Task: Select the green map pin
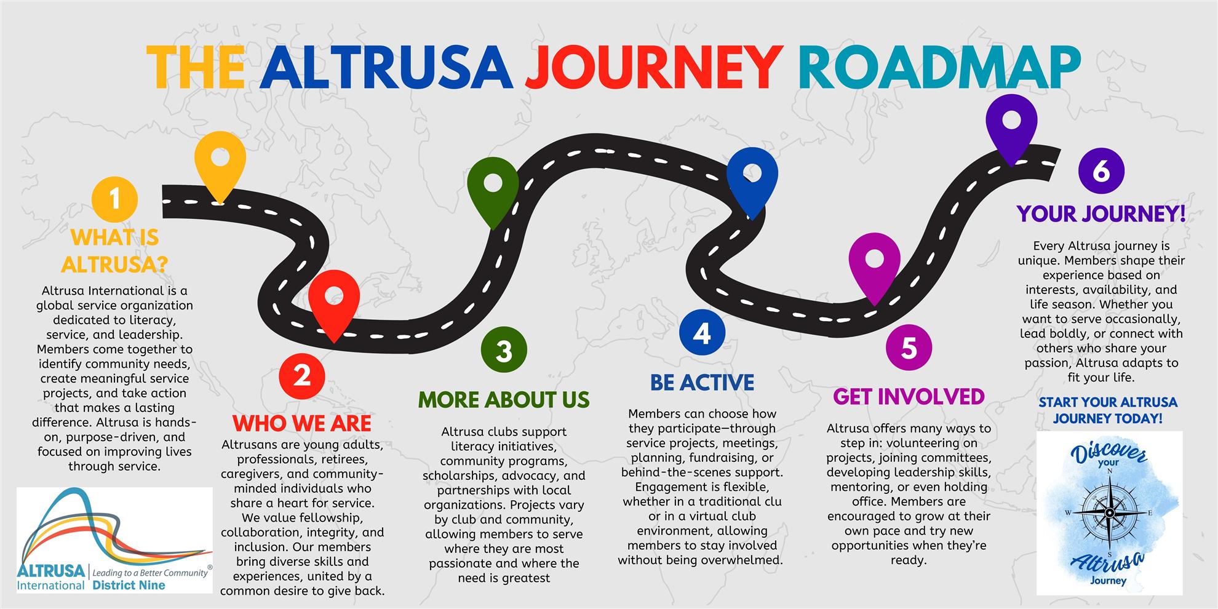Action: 493,185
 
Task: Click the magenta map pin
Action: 874,261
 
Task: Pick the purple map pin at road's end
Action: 1011,122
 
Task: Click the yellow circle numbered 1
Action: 114,199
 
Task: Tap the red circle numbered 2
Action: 301,375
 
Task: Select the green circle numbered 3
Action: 504,351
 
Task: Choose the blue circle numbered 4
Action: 702,333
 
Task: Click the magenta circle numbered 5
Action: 909,348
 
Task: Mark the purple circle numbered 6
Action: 1101,170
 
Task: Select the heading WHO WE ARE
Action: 302,423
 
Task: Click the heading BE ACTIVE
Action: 702,383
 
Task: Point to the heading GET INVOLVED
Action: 909,397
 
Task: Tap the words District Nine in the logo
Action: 129,585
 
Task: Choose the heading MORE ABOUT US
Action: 504,400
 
